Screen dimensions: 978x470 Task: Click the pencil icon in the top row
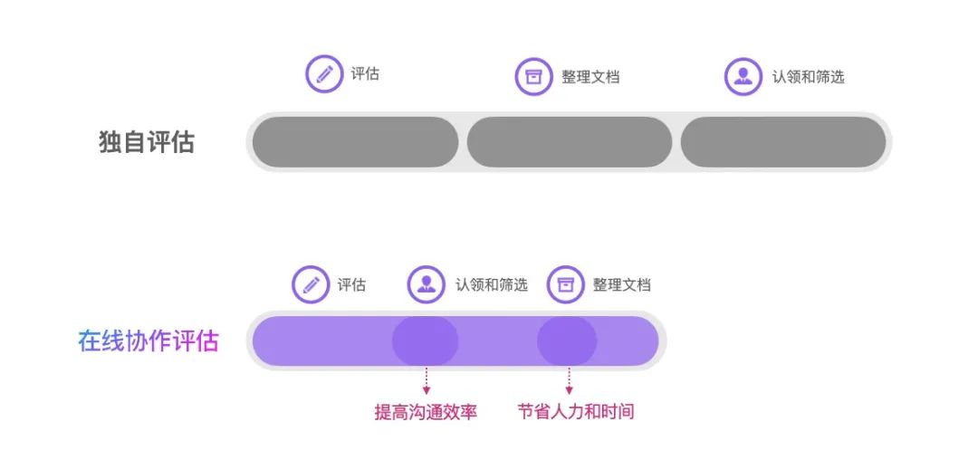[x=324, y=74]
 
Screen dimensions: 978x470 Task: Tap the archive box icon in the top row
[x=533, y=76]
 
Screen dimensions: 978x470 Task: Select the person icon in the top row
[x=743, y=76]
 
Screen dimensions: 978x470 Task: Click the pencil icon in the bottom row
[x=311, y=284]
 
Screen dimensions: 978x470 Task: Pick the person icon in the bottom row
[x=426, y=284]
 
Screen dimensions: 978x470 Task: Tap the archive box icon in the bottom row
[x=566, y=284]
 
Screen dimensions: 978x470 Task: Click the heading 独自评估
[x=147, y=142]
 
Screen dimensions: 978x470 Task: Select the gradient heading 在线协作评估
[x=149, y=341]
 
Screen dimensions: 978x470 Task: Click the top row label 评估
[x=365, y=74]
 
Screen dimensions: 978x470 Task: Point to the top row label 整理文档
[x=590, y=77]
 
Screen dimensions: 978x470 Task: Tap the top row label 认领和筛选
[x=808, y=77]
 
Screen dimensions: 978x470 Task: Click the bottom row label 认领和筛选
[x=491, y=285]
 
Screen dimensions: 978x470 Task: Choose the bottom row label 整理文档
[x=622, y=285]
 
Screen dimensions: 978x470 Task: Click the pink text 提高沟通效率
[x=426, y=413]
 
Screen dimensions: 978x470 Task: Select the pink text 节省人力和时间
[x=576, y=413]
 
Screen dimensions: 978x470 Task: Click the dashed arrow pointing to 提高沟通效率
[x=426, y=380]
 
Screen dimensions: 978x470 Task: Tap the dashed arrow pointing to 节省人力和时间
[x=569, y=380]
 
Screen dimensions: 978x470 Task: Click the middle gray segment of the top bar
[x=570, y=142]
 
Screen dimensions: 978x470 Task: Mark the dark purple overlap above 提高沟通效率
[x=426, y=341]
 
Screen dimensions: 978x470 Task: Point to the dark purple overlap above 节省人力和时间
[x=567, y=341]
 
